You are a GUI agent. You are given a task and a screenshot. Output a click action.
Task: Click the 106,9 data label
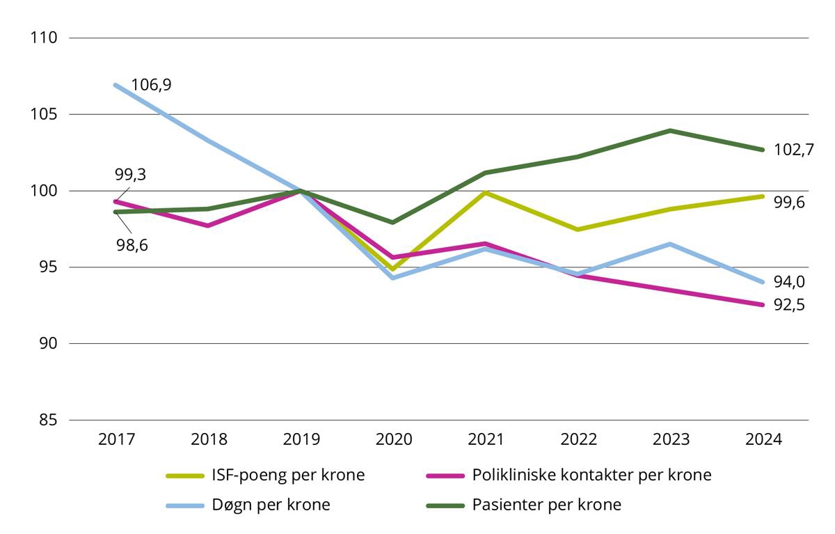pos(151,85)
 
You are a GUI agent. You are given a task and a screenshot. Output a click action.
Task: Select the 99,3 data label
pos(130,175)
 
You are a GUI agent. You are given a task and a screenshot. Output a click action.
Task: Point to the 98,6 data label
pos(132,245)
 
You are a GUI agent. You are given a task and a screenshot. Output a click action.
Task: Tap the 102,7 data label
pos(793,150)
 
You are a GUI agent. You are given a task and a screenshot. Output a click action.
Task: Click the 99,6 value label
pos(789,203)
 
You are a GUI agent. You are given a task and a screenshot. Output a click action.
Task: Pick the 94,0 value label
pos(789,282)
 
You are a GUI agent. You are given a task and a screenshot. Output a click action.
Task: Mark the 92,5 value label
pos(789,305)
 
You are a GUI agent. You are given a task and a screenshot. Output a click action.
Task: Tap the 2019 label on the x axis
pos(301,440)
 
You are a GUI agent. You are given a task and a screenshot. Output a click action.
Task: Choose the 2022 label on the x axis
pos(578,440)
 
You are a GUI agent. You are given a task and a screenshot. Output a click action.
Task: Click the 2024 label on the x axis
pos(763,440)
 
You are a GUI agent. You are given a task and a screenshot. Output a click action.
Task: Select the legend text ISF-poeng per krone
pos(287,476)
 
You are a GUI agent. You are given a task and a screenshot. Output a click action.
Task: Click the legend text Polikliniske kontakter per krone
pos(591,476)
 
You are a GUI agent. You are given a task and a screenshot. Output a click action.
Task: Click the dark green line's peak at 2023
pos(670,130)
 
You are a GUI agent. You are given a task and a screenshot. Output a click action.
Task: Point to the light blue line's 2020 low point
pos(394,278)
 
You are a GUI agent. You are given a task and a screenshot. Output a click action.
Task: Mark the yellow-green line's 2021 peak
pos(486,193)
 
